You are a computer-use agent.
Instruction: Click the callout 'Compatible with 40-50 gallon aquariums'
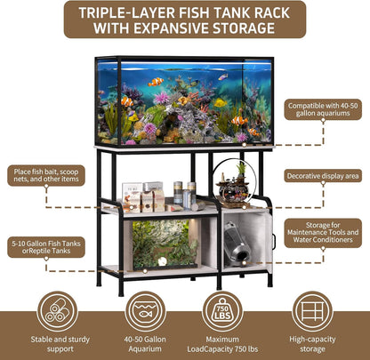click(325, 111)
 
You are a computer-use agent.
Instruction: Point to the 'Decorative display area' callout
click(324, 176)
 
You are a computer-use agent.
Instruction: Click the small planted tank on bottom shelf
click(165, 244)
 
